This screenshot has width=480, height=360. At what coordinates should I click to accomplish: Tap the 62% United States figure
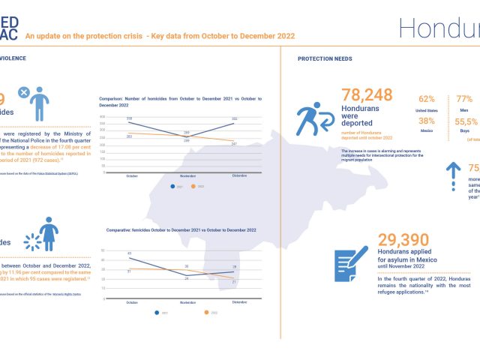427,99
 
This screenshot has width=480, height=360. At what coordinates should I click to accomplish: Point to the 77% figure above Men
465,99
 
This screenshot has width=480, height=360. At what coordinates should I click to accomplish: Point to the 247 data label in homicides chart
234,143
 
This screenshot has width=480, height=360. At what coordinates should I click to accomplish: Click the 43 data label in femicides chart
130,253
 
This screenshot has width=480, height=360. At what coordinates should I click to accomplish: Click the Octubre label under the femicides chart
131,301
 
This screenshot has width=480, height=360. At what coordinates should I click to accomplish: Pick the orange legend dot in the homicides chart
192,186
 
